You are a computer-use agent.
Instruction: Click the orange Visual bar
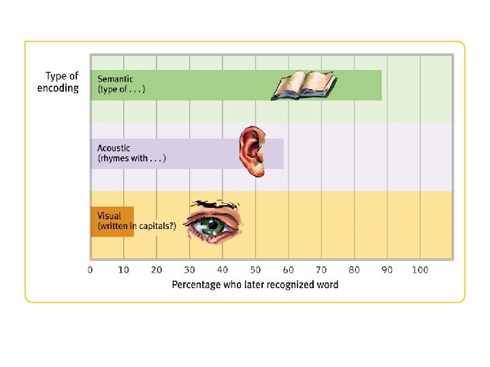point(112,222)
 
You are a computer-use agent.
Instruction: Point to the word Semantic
point(114,79)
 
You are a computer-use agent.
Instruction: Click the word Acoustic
point(114,147)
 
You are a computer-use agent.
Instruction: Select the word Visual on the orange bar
point(109,216)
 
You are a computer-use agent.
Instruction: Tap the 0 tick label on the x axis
point(91,270)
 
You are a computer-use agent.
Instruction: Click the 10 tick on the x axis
point(123,270)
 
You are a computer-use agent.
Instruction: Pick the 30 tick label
point(189,270)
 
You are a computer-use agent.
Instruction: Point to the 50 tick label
point(255,270)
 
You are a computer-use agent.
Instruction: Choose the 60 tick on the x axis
point(288,270)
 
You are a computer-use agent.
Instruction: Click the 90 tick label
point(387,270)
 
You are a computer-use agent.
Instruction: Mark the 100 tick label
point(420,270)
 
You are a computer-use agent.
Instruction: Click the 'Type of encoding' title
point(58,82)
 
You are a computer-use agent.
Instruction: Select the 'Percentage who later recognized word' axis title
point(255,284)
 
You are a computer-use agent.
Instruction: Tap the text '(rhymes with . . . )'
point(131,158)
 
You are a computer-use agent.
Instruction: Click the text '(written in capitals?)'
point(137,226)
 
